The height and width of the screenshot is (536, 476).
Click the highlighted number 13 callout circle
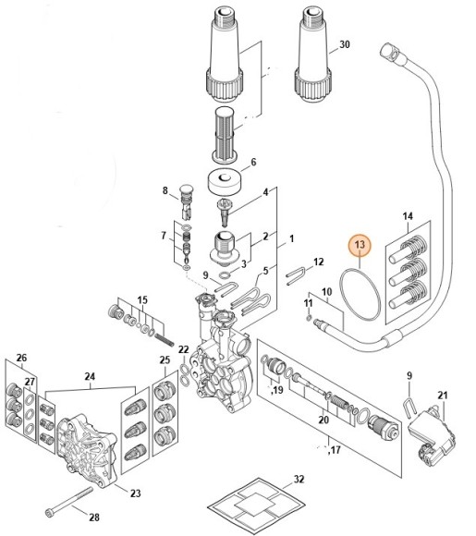[x=360, y=246]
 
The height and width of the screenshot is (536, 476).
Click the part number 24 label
[x=91, y=376]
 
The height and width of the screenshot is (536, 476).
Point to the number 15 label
[x=142, y=301]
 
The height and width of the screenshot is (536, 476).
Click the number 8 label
[x=165, y=191]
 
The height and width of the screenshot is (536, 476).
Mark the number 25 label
[x=165, y=359]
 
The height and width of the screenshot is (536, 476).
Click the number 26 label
[x=21, y=358]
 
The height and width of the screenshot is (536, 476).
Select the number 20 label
[x=323, y=420]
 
